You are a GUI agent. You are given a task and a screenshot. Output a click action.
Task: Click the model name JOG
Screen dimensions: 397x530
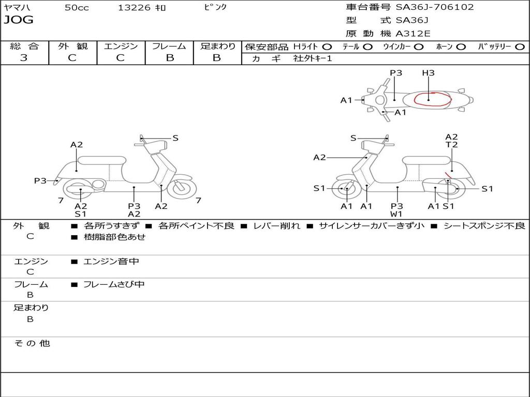pyautogui.click(x=19, y=20)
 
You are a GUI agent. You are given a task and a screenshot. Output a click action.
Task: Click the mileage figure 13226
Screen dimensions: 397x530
pyautogui.click(x=134, y=7)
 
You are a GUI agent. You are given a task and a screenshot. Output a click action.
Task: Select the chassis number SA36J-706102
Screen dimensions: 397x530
pyautogui.click(x=434, y=7)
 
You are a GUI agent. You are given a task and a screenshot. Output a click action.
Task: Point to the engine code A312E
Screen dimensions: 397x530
pyautogui.click(x=413, y=34)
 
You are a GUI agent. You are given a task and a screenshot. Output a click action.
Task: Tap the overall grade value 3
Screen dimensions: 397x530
pyautogui.click(x=24, y=58)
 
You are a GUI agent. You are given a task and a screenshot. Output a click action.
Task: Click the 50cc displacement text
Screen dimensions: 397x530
pyautogui.click(x=77, y=7)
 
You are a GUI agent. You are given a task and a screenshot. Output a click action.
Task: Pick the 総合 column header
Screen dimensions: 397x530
pyautogui.click(x=24, y=46)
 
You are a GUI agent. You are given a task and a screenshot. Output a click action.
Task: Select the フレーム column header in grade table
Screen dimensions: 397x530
pyautogui.click(x=169, y=46)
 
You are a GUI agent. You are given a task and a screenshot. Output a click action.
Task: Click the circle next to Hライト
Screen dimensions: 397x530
pyautogui.click(x=327, y=47)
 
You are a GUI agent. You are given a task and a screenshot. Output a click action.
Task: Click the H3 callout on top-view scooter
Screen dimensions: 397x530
pyautogui.click(x=428, y=73)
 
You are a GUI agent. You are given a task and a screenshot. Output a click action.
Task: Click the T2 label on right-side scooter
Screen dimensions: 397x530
pyautogui.click(x=451, y=145)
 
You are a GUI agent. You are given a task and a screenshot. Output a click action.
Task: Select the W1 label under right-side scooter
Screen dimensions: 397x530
pyautogui.click(x=397, y=213)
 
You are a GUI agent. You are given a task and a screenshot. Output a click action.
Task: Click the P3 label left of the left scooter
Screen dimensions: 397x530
pyautogui.click(x=40, y=181)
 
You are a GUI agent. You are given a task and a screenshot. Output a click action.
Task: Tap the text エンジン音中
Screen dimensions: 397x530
pyautogui.click(x=111, y=262)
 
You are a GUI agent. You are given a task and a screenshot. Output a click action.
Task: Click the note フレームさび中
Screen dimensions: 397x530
pyautogui.click(x=114, y=284)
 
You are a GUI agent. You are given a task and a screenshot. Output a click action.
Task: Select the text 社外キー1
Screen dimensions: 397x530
pyautogui.click(x=313, y=58)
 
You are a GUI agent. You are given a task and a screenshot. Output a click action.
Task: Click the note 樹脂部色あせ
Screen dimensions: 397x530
pyautogui.click(x=114, y=237)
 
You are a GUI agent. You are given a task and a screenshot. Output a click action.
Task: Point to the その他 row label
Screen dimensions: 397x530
pyautogui.click(x=32, y=343)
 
